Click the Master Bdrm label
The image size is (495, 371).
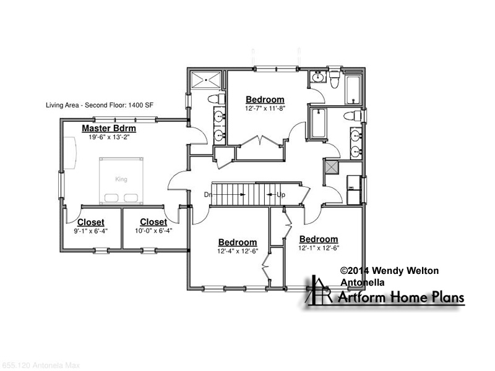click(109, 129)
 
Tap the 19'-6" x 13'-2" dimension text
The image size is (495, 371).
click(109, 137)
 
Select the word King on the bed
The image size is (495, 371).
click(121, 179)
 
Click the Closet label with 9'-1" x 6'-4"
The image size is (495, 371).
click(90, 222)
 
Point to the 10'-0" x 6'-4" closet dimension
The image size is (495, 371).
click(153, 231)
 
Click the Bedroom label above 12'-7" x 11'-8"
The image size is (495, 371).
click(265, 100)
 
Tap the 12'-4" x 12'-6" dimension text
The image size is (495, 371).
click(238, 251)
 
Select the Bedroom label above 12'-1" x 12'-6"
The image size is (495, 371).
click(319, 239)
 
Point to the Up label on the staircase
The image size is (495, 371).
click(281, 195)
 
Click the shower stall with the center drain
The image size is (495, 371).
click(206, 80)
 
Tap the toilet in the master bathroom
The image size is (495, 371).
click(217, 99)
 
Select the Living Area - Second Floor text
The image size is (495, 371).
click(86, 105)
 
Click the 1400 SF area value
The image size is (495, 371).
click(141, 105)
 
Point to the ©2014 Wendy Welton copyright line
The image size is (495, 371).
click(389, 271)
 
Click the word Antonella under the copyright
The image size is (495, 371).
click(363, 283)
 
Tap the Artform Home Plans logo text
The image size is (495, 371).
click(401, 297)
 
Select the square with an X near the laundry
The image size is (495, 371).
click(331, 167)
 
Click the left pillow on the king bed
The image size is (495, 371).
click(111, 198)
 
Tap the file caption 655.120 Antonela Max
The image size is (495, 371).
click(41, 365)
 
